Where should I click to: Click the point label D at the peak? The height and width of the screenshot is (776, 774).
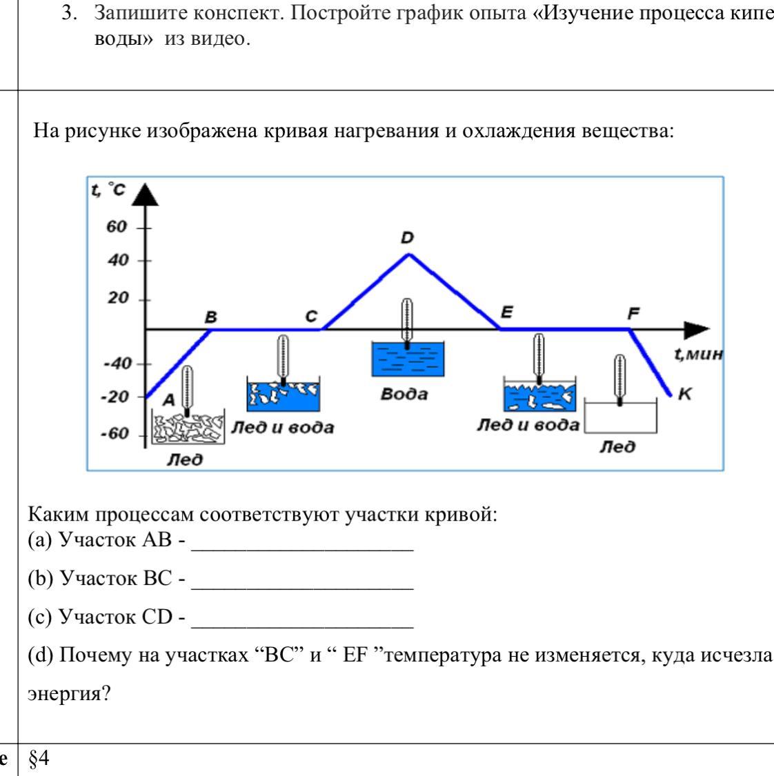[407, 238]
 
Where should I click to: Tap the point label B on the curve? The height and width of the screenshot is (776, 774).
[211, 317]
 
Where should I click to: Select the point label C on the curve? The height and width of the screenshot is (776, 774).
[311, 316]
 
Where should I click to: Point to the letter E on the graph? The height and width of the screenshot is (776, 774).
[507, 312]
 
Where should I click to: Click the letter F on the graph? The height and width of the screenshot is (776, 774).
[633, 313]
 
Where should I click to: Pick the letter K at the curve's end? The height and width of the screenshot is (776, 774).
[684, 394]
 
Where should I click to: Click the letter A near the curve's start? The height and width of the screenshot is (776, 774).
[169, 399]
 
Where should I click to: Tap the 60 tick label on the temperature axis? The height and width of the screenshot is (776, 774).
[117, 227]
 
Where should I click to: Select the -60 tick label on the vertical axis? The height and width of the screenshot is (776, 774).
[115, 434]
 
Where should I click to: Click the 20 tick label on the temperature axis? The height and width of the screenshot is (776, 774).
[118, 298]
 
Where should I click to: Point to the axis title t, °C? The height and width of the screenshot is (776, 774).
[108, 189]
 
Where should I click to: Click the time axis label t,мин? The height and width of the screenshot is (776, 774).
[698, 354]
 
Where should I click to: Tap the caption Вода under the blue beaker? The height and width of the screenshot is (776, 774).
[404, 394]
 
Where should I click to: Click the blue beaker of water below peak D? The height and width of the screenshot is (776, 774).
[408, 359]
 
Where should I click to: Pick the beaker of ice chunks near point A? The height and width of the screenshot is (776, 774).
[188, 427]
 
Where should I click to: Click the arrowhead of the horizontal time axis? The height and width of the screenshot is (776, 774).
[697, 330]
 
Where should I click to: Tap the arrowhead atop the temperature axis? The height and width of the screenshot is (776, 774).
[145, 195]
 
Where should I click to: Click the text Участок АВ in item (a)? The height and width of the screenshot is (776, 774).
[115, 539]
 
